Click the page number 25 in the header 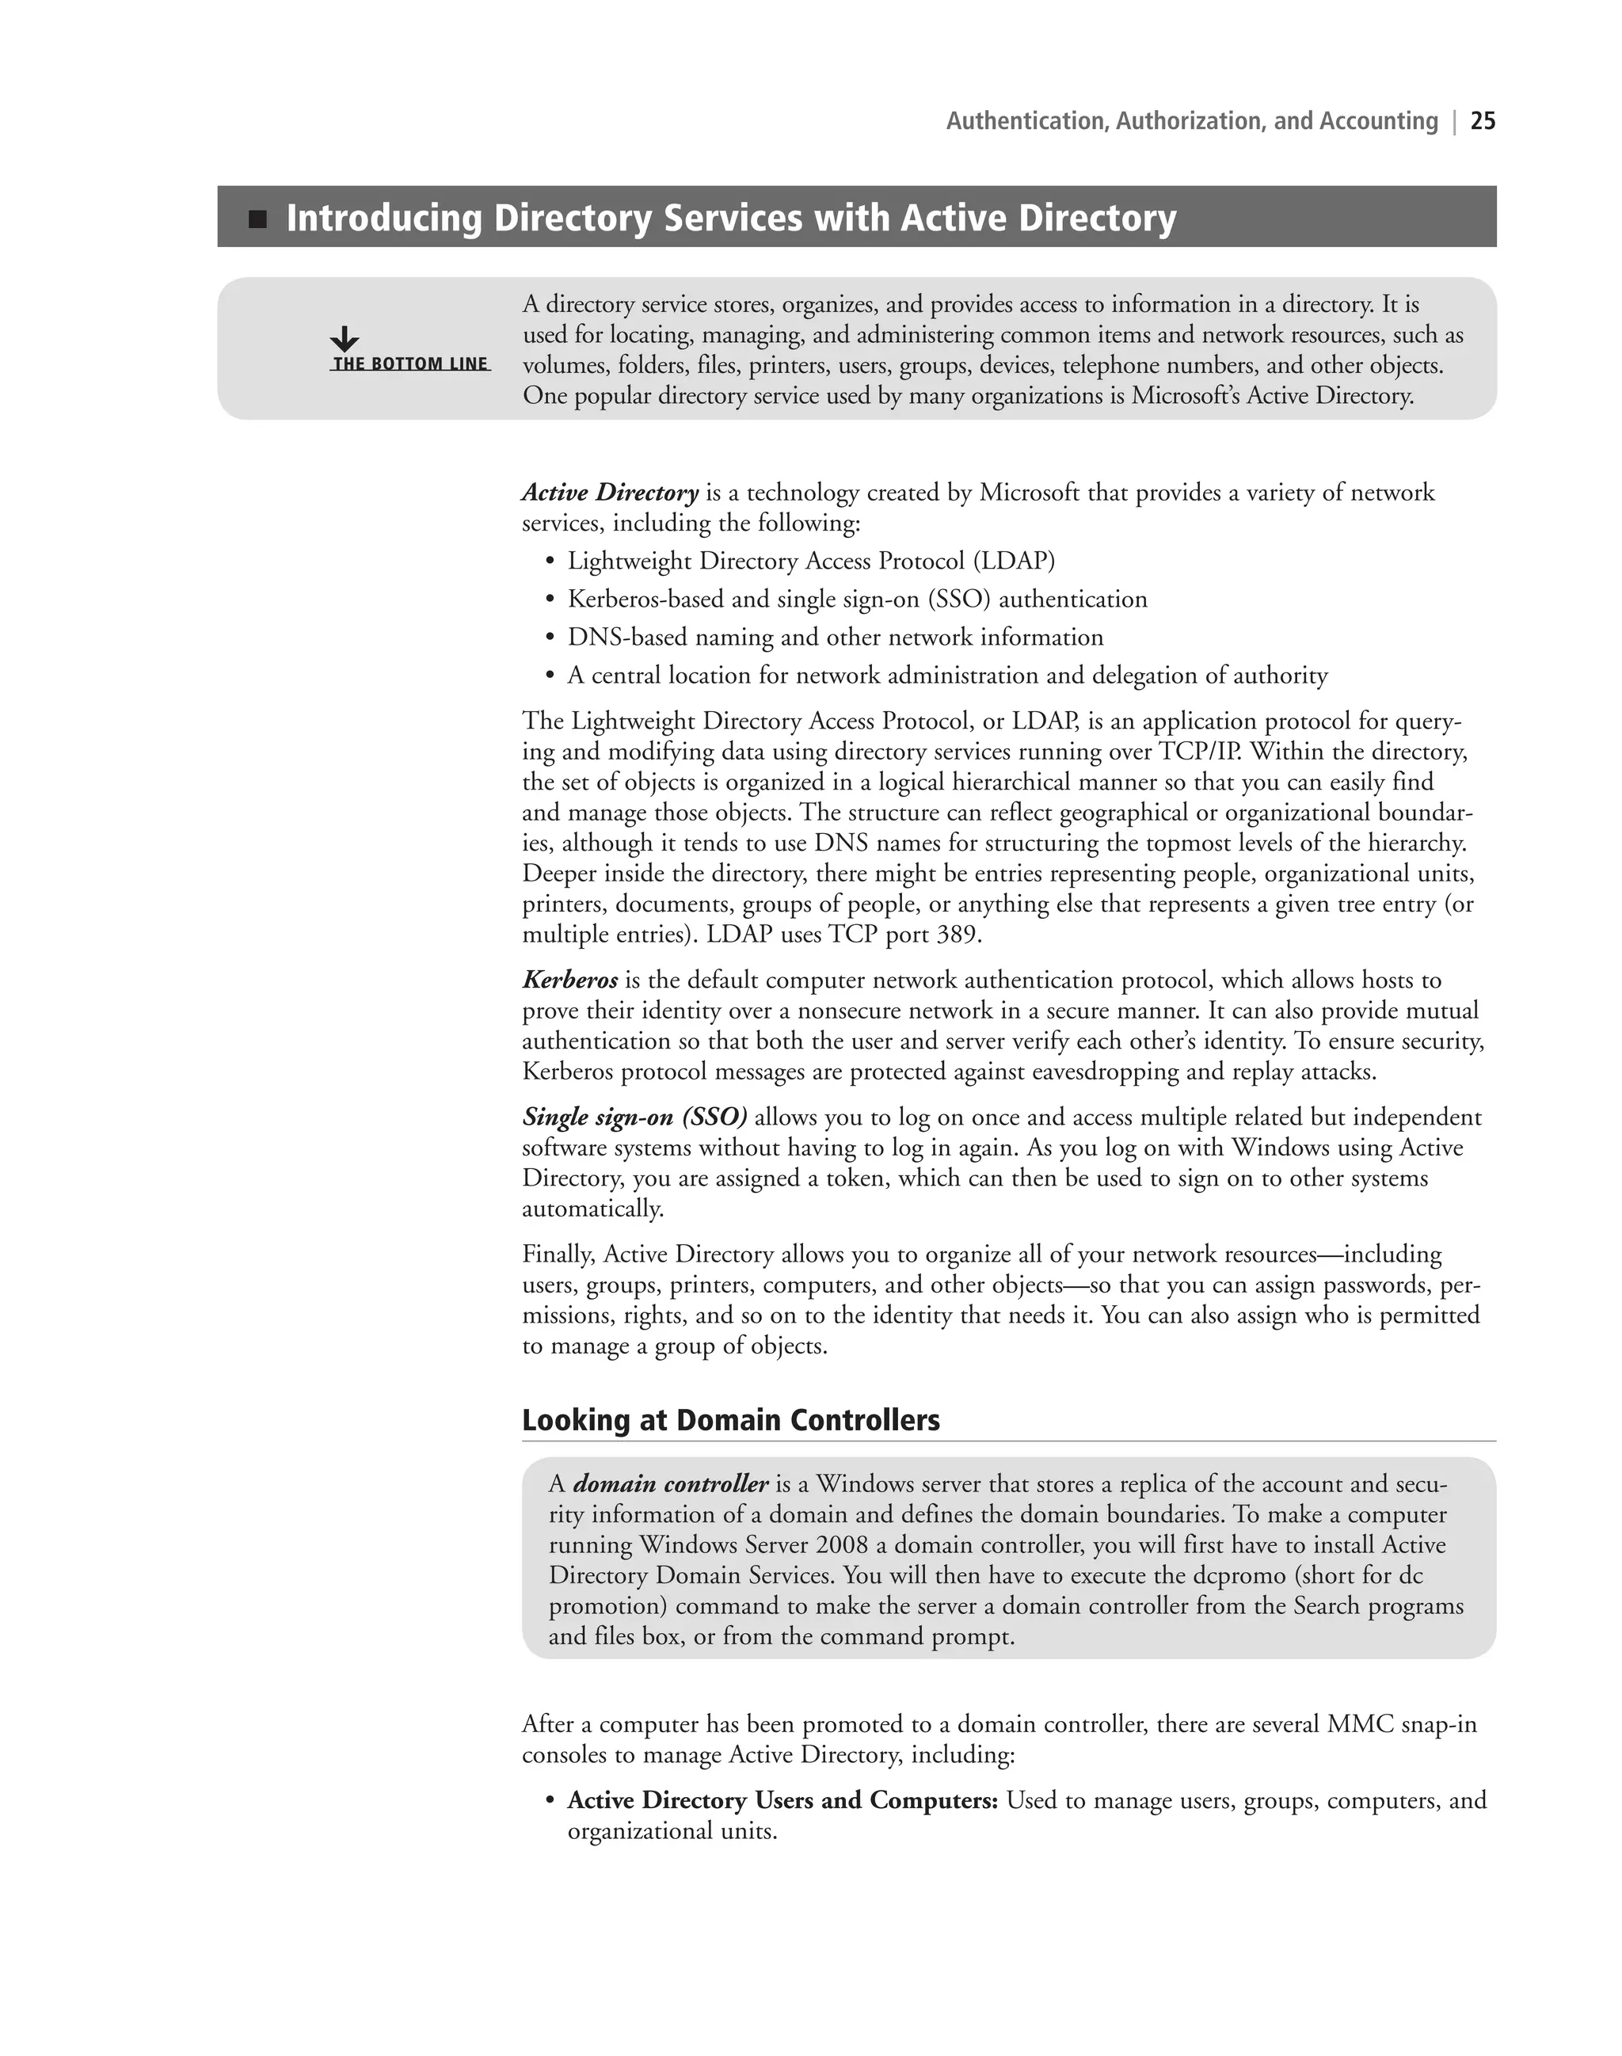tap(1483, 121)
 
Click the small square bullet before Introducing tap(257, 220)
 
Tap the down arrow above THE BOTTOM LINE tap(344, 339)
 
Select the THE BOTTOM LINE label tap(410, 364)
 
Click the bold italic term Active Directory tap(610, 493)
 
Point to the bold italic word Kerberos tap(569, 980)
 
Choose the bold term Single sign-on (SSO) tap(634, 1117)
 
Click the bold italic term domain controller tap(669, 1484)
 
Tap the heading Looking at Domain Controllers tap(730, 1421)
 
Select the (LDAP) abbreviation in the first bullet tap(1013, 562)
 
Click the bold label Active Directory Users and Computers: tap(782, 1800)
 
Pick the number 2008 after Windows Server tap(840, 1545)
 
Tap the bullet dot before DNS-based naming tap(549, 638)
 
